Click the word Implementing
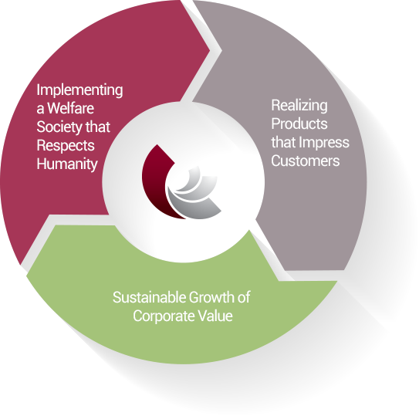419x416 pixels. pyautogui.click(x=79, y=91)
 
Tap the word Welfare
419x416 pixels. pyautogui.click(x=70, y=108)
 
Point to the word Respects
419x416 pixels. pyautogui.click(x=66, y=146)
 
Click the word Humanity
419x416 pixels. pyautogui.click(x=67, y=164)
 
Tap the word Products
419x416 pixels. pyautogui.click(x=299, y=123)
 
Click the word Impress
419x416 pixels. pyautogui.click(x=324, y=143)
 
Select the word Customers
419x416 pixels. pyautogui.click(x=306, y=161)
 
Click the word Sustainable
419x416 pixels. pyautogui.click(x=149, y=297)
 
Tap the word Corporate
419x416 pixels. pyautogui.click(x=164, y=316)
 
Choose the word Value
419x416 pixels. pyautogui.click(x=215, y=316)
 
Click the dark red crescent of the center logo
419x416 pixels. pyautogui.click(x=152, y=187)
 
